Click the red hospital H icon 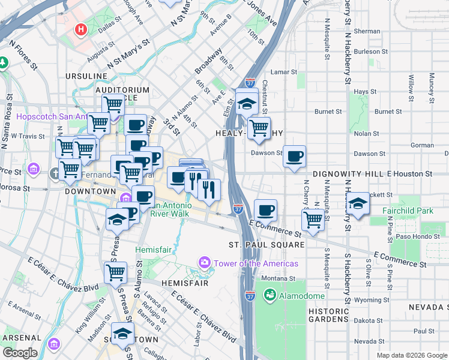pyautogui.click(x=80, y=29)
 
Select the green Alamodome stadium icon pyautogui.click(x=270, y=295)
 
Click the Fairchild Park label pyautogui.click(x=408, y=211)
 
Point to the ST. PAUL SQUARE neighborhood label pyautogui.click(x=267, y=245)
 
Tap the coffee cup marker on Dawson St pyautogui.click(x=294, y=157)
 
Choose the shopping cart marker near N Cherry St pyautogui.click(x=313, y=220)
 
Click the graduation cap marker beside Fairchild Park pyautogui.click(x=358, y=203)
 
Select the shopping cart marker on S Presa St pyautogui.click(x=115, y=273)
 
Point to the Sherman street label pyautogui.click(x=367, y=31)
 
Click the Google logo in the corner pyautogui.click(x=19, y=353)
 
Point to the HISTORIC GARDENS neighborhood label pyautogui.click(x=328, y=315)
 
